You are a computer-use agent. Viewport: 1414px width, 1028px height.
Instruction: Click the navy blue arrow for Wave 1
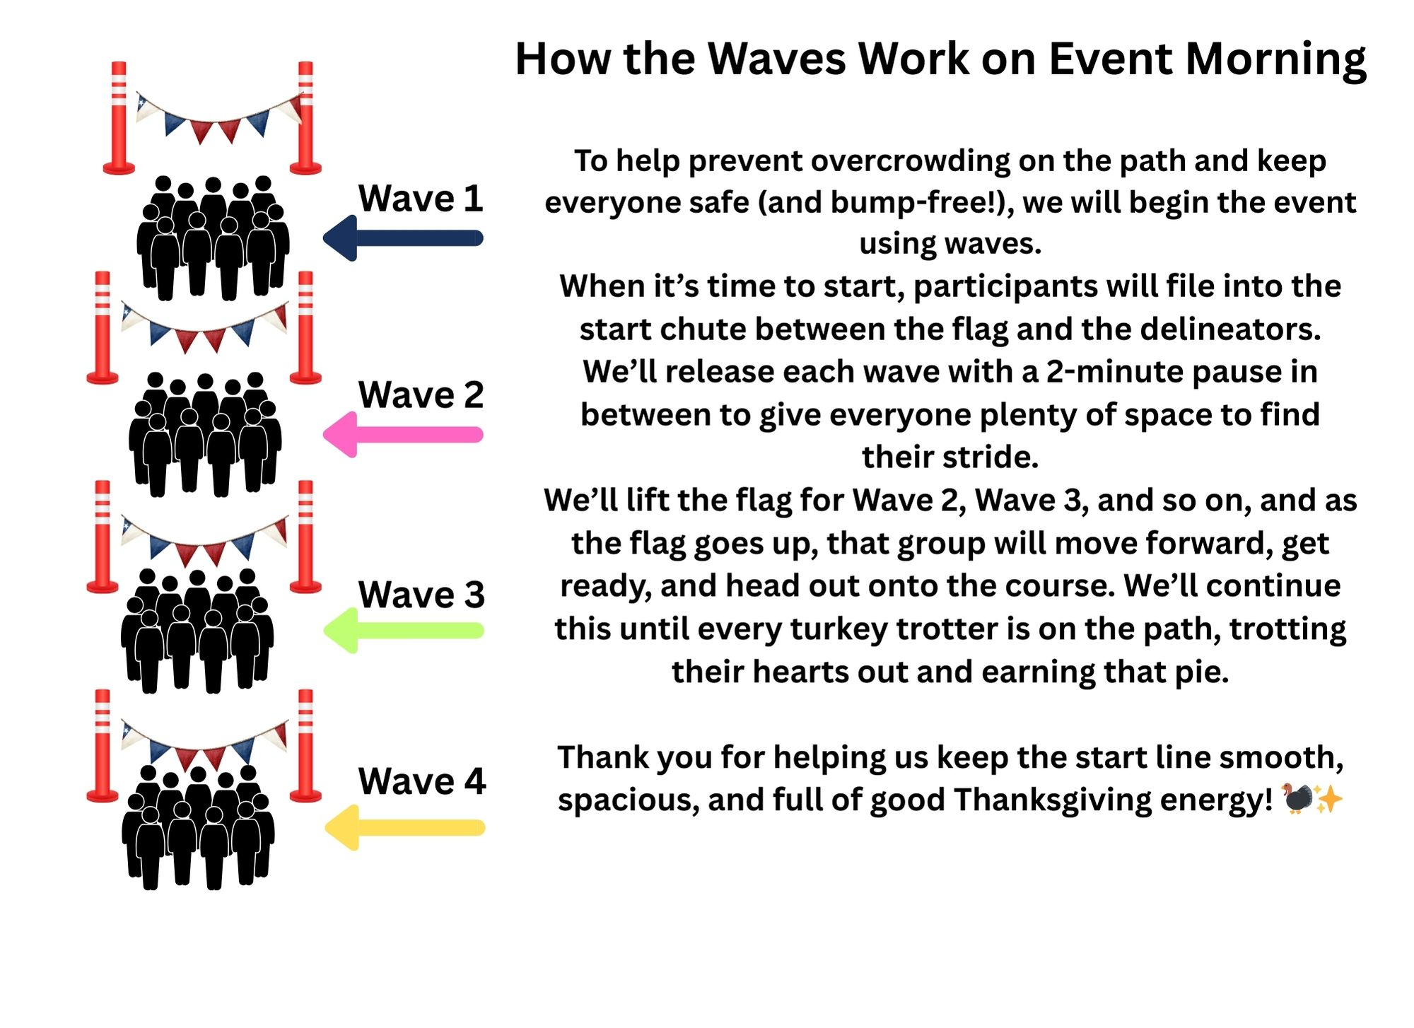coord(403,238)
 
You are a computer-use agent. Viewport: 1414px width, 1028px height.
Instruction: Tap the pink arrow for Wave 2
coord(403,435)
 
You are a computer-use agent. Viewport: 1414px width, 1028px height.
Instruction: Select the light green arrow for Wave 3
coord(403,631)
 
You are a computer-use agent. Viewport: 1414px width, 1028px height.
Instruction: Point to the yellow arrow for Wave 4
coord(404,827)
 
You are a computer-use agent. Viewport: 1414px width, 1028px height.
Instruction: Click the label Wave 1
coord(421,198)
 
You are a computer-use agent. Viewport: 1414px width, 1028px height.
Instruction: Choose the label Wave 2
coord(421,395)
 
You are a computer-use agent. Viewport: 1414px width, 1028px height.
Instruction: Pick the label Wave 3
coord(422,595)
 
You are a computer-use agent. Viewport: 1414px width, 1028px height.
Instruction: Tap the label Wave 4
coord(423,781)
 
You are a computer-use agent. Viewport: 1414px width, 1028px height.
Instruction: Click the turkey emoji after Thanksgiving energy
coord(1297,799)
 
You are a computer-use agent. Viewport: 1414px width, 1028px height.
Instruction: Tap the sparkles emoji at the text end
coord(1328,800)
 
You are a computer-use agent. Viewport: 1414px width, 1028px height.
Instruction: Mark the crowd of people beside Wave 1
coord(213,238)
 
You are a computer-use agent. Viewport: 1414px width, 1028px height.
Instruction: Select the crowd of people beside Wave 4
coord(198,827)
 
